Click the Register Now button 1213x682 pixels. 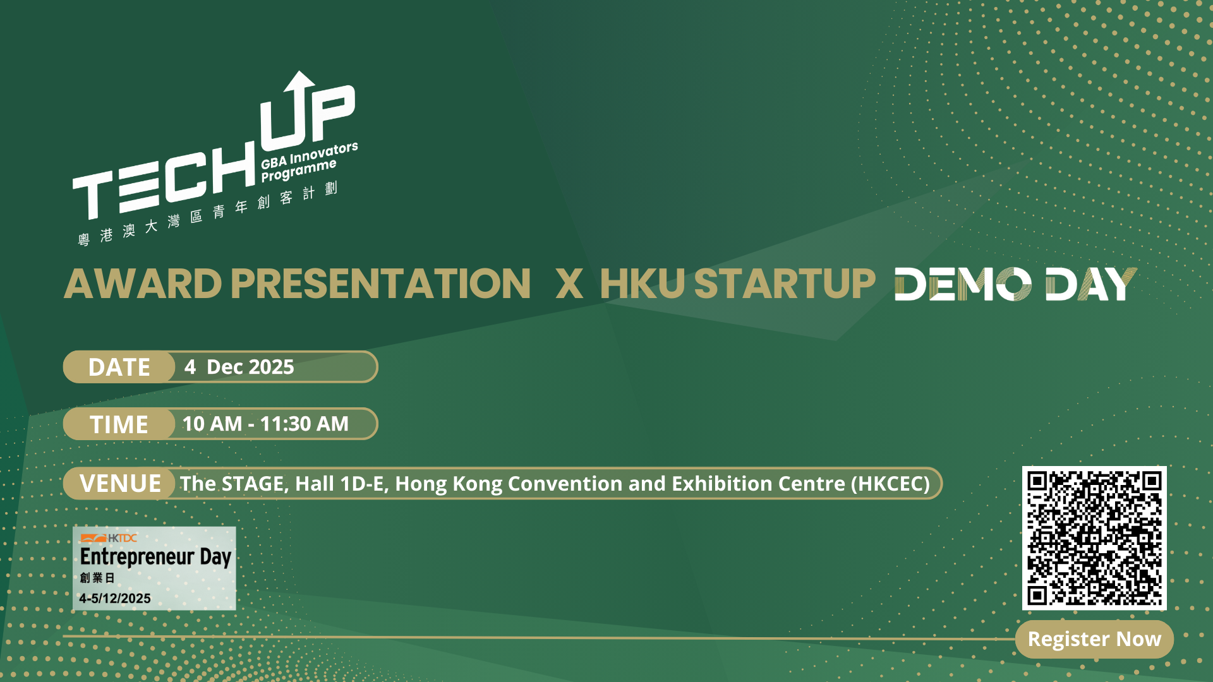1094,639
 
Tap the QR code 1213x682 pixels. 1094,538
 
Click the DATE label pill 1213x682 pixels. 119,367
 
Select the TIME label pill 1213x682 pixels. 119,424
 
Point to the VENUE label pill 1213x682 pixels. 119,484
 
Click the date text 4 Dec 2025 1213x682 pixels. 239,367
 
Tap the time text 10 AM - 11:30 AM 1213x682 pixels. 265,424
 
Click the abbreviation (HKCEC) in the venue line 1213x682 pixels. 890,484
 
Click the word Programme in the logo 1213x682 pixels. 299,171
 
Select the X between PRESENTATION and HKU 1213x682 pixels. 569,284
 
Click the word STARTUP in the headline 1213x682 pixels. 785,284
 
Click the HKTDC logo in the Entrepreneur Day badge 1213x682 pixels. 109,538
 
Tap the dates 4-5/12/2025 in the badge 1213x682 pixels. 115,599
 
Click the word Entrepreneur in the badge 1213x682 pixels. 137,557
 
